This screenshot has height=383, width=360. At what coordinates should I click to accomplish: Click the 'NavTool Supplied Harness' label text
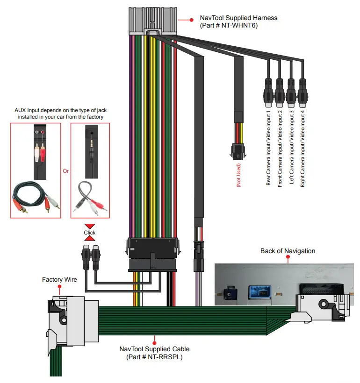click(238, 18)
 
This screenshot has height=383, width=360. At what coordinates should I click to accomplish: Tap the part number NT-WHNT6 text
click(239, 25)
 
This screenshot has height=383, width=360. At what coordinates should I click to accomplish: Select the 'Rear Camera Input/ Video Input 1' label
click(268, 148)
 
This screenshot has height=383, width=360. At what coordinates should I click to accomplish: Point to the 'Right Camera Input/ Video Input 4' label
click(302, 149)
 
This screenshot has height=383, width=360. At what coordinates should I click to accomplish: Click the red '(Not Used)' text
click(239, 175)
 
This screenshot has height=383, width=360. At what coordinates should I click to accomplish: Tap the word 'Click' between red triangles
click(89, 233)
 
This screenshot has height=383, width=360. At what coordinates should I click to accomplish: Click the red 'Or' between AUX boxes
click(66, 171)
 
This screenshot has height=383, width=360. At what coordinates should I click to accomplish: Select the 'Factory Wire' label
click(59, 279)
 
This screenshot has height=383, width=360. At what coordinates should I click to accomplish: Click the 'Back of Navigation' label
click(288, 251)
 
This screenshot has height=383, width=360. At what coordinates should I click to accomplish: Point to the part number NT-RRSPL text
click(165, 357)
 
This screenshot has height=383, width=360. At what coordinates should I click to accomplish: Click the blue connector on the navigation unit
click(259, 292)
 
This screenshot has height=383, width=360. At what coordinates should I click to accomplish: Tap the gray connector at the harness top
click(153, 21)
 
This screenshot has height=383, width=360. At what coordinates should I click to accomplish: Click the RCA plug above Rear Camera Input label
click(268, 93)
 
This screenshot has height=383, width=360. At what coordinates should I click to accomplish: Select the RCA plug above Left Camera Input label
click(291, 93)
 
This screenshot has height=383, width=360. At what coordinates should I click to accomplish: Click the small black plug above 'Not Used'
click(238, 152)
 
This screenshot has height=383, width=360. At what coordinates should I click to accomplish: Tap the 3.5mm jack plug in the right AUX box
click(92, 151)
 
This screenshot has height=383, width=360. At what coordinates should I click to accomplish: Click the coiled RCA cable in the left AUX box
click(36, 197)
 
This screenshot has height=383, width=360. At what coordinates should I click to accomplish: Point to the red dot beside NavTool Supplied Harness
click(192, 20)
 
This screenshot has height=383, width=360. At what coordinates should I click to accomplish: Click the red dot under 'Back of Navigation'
click(288, 257)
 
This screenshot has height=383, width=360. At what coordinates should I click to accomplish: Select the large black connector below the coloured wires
click(152, 255)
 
